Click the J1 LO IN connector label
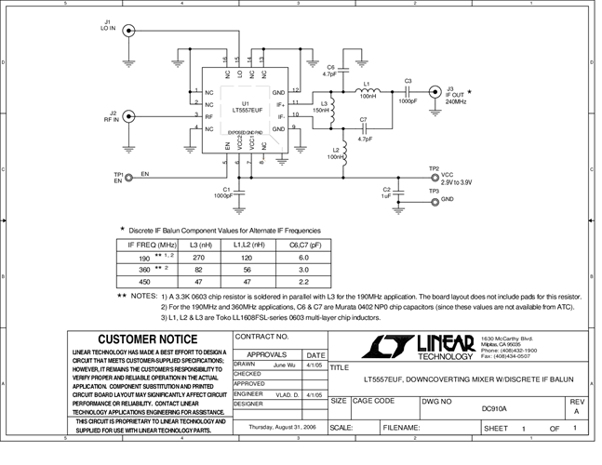pyautogui.click(x=108, y=25)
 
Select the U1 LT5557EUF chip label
pyautogui.click(x=246, y=108)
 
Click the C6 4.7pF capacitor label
pyautogui.click(x=331, y=71)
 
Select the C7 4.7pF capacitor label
pyautogui.click(x=363, y=130)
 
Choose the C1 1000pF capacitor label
pyautogui.click(x=223, y=193)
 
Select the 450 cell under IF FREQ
pyautogui.click(x=144, y=281)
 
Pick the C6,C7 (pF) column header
pyautogui.click(x=303, y=244)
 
